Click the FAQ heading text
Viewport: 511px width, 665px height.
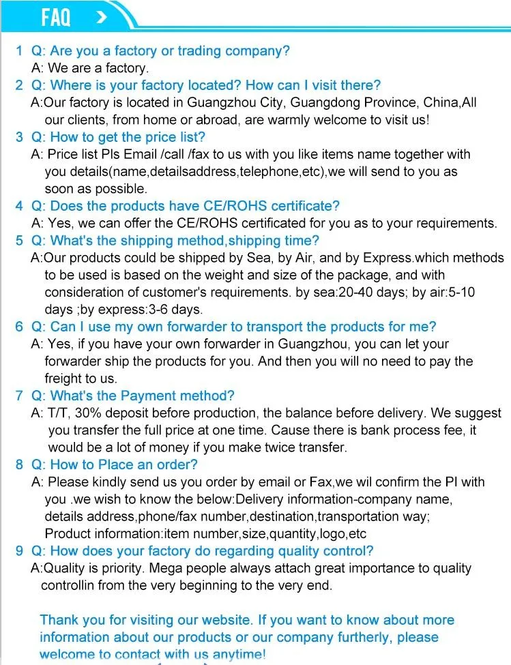(x=55, y=16)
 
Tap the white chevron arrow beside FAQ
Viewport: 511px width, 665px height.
(x=101, y=16)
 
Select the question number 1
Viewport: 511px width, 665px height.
(x=19, y=50)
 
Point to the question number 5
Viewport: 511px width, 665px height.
(x=19, y=240)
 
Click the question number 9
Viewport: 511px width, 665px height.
(x=19, y=550)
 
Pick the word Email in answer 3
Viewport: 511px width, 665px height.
(x=140, y=154)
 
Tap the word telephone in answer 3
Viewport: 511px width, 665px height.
(x=267, y=171)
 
